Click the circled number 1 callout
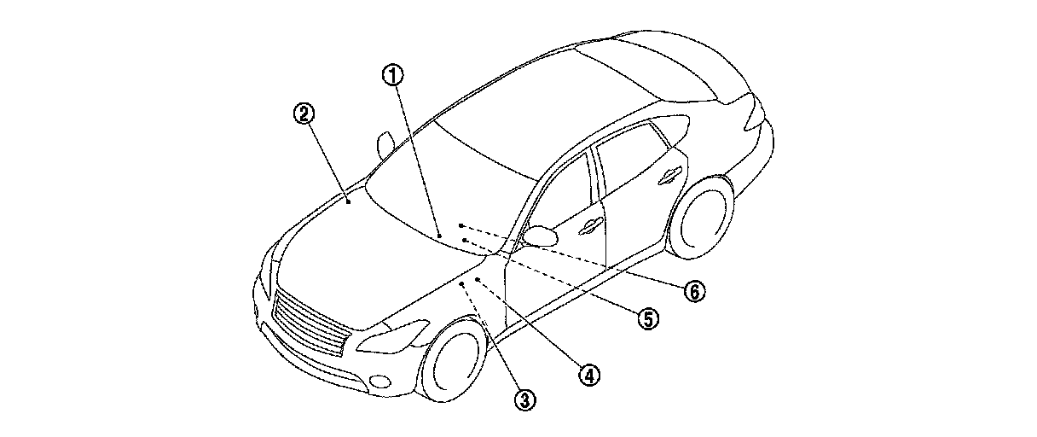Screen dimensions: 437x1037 tap(392, 75)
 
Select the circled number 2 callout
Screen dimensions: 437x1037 tap(304, 113)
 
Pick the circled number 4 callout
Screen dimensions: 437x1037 tap(588, 373)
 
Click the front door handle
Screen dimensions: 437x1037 tap(588, 227)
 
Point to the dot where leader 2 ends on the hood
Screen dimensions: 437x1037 tap(350, 202)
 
